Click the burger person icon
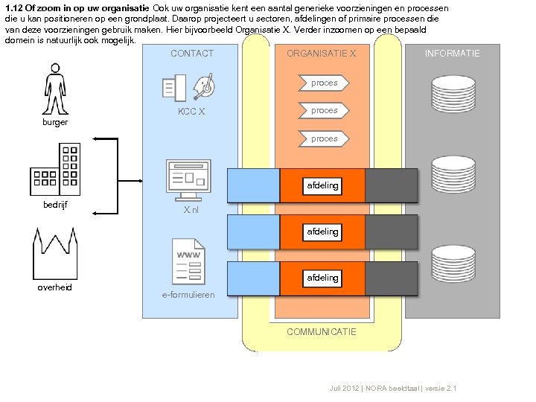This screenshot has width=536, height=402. coord(55,89)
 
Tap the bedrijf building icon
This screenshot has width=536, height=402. coord(55,170)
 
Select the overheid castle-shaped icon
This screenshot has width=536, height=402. coord(55,254)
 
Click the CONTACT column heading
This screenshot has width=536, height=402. coord(192,54)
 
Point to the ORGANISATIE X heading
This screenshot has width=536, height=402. coord(322,54)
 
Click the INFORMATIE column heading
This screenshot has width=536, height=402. coord(453,54)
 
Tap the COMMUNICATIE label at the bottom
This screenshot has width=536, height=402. coord(322,331)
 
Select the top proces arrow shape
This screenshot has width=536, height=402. coord(324,83)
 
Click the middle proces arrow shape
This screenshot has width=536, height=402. coord(324,111)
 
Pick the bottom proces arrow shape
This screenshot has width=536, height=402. coord(324,138)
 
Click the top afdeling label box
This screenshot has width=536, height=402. coord(322,186)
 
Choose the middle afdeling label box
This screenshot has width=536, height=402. coord(322,232)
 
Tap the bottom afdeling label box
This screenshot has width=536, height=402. coord(322,278)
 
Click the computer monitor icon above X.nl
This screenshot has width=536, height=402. coord(188,180)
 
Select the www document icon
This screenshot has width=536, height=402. coord(188,261)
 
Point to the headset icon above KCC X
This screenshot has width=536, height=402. coord(204,86)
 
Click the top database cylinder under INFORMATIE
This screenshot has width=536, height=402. coord(453,94)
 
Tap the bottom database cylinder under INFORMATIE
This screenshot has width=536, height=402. coord(453,264)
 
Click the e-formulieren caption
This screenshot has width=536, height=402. coord(188,295)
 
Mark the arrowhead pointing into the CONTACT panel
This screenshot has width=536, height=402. coord(141,181)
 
